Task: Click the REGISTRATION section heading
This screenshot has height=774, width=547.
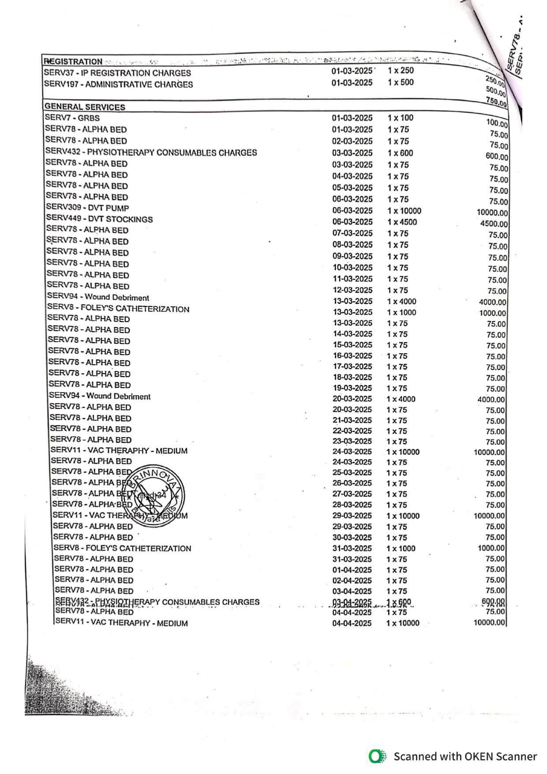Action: pyautogui.click(x=73, y=62)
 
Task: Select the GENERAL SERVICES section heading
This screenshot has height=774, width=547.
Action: pyautogui.click(x=85, y=107)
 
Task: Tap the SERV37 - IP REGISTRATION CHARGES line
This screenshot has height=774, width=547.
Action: pyautogui.click(x=117, y=73)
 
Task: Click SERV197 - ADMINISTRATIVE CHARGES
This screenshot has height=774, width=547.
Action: pyautogui.click(x=118, y=84)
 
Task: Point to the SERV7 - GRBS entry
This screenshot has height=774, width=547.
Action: pyautogui.click(x=72, y=118)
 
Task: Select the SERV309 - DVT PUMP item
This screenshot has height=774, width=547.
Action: pyautogui.click(x=87, y=208)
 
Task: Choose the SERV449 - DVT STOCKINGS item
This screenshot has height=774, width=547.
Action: pyautogui.click(x=100, y=219)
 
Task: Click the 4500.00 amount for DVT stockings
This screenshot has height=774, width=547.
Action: pyautogui.click(x=494, y=224)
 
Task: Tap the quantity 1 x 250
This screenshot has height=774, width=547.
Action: pyautogui.click(x=401, y=71)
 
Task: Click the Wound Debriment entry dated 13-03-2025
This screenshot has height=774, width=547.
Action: pyautogui.click(x=98, y=297)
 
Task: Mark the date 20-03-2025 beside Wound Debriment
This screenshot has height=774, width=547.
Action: pyautogui.click(x=352, y=399)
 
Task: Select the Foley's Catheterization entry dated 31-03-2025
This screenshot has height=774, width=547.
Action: pyautogui.click(x=122, y=548)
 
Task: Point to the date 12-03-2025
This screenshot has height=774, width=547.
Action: pyautogui.click(x=352, y=290)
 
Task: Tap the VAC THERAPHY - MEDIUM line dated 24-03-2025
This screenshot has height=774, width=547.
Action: pyautogui.click(x=119, y=451)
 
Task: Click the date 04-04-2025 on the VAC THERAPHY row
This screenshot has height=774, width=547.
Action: pyautogui.click(x=352, y=623)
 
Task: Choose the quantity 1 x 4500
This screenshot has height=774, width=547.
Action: pyautogui.click(x=401, y=222)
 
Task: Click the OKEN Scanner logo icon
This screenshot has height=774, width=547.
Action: pyautogui.click(x=377, y=756)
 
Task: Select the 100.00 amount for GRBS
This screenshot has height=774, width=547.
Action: pyautogui.click(x=496, y=123)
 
